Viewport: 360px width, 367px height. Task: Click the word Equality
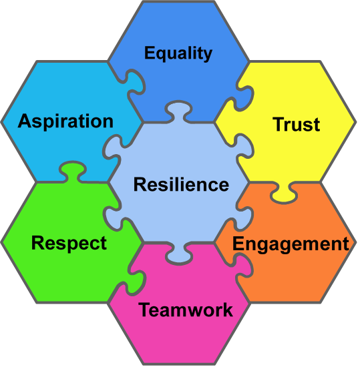point(178,54)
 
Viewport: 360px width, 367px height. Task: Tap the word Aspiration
point(66,121)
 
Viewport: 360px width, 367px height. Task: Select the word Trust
point(297,124)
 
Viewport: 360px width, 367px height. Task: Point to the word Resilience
point(181,185)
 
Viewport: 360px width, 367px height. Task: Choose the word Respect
point(69,244)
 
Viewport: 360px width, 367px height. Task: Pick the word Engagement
point(291,244)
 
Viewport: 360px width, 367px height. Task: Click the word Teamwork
point(186,310)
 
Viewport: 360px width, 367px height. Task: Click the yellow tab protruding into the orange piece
point(284,193)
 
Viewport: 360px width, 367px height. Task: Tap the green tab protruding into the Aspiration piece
point(72,171)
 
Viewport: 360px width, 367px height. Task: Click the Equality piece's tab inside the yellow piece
point(244,98)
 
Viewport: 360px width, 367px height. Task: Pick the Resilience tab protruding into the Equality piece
point(178,111)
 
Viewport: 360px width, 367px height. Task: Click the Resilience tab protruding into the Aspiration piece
point(114,148)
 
